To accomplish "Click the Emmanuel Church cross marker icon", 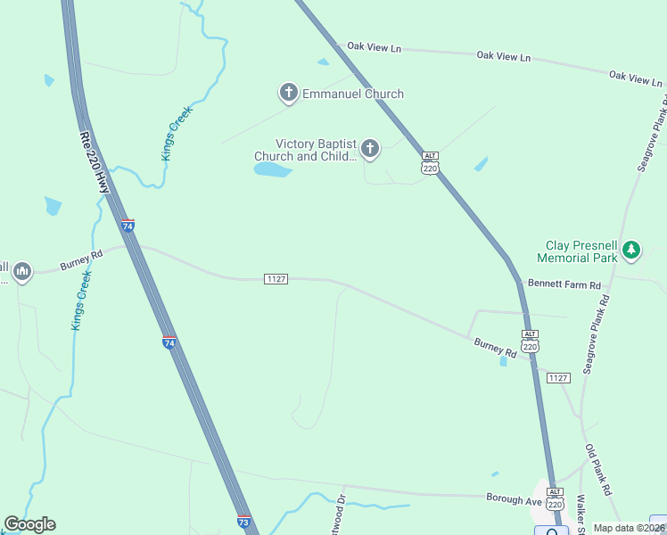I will click(288, 92).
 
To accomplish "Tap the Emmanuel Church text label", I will click(353, 94).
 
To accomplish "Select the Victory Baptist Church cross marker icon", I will click(369, 148).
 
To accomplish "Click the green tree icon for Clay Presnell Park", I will click(631, 249).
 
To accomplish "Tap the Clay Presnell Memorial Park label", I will click(577, 251).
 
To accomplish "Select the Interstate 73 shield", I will click(243, 522).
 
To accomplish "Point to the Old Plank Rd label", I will click(598, 470).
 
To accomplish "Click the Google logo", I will click(29, 523).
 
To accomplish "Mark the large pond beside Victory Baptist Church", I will click(273, 169).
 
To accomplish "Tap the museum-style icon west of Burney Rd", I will click(22, 270).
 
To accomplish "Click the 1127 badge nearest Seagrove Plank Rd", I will click(558, 378).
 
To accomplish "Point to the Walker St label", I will click(581, 508).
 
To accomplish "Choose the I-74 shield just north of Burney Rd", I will click(128, 226).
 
